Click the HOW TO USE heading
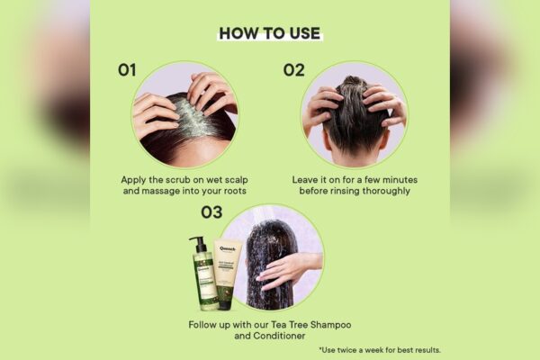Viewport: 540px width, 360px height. point(270,33)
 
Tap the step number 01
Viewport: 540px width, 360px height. point(127,70)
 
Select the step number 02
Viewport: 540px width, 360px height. point(293,70)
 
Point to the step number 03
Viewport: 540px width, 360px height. point(211,212)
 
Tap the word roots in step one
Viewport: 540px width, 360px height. point(235,191)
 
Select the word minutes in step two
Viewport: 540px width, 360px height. point(400,179)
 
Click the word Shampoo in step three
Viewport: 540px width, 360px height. point(330,325)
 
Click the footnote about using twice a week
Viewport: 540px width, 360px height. point(380,350)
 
